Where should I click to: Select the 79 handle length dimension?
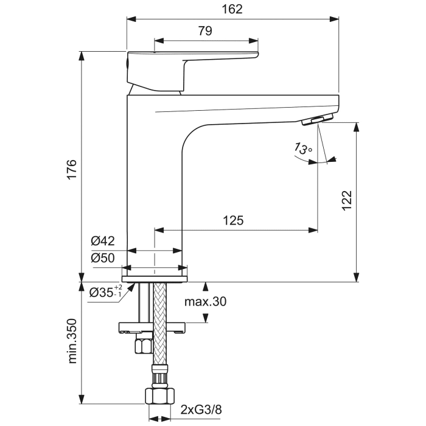pyautogui.click(x=205, y=32)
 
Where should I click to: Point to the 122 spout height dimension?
pyautogui.click(x=346, y=200)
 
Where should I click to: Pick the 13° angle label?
pyautogui.click(x=303, y=148)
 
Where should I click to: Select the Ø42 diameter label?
pyautogui.click(x=103, y=241)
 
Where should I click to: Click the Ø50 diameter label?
pyautogui.click(x=103, y=257)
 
